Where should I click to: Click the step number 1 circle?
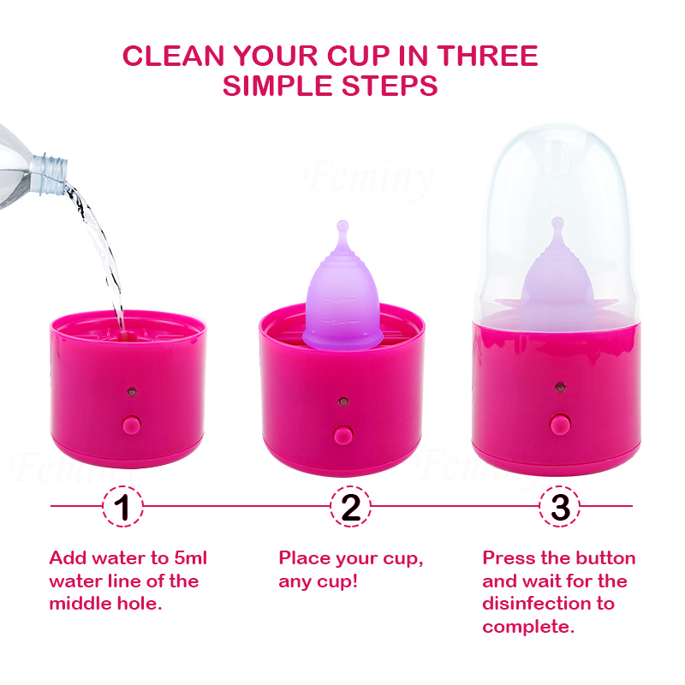tap(123, 506)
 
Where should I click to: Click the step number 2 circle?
tap(351, 506)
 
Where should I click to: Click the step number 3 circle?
tap(560, 506)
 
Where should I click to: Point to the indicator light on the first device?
tap(130, 391)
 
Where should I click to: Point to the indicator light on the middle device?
tap(342, 401)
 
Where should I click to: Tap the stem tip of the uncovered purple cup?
tap(342, 225)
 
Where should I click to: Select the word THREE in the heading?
tap(488, 56)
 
